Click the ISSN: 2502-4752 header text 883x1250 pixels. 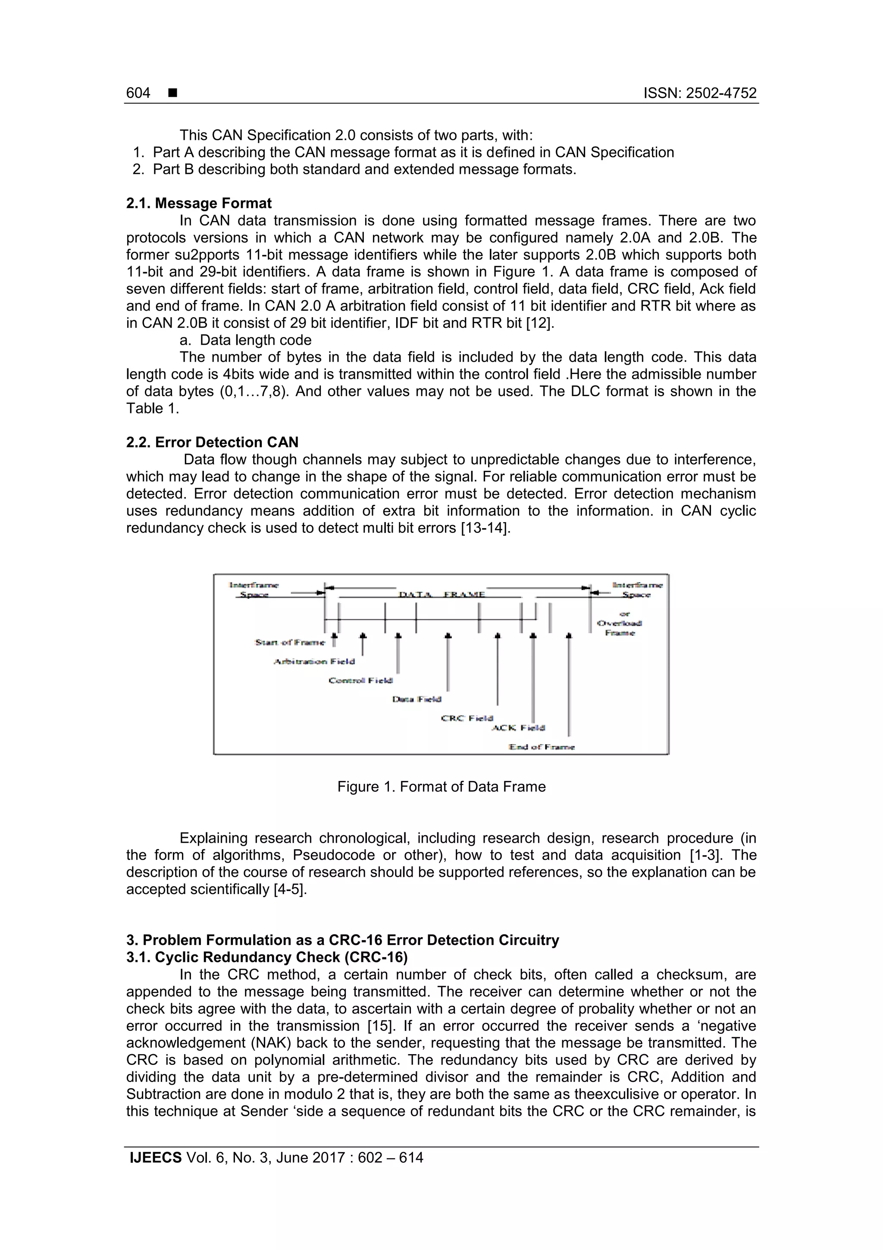[x=700, y=93]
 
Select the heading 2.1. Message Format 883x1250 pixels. [x=199, y=203]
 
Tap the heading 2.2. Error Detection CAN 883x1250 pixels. [x=212, y=442]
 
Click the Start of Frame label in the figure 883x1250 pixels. [x=290, y=642]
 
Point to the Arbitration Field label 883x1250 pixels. [x=314, y=661]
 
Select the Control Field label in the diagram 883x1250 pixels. [x=360, y=680]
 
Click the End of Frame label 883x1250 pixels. [x=542, y=747]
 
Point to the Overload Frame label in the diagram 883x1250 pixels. [x=620, y=628]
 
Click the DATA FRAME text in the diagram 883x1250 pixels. [x=442, y=595]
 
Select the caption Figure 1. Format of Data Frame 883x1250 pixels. [x=441, y=787]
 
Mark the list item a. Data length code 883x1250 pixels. [x=245, y=340]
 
